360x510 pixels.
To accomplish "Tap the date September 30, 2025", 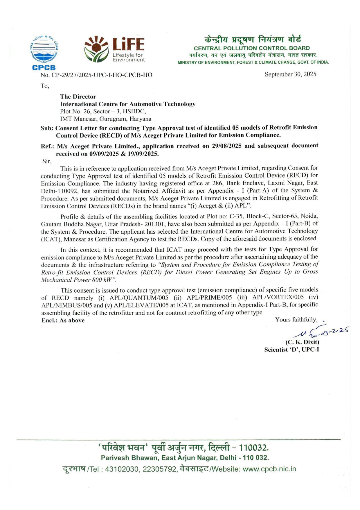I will (290, 74).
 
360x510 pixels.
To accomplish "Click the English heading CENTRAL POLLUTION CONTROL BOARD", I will (252, 48).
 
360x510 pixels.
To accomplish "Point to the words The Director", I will (78, 96).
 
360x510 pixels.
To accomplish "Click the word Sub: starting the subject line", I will (47, 128).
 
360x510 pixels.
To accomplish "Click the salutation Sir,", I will (47, 161).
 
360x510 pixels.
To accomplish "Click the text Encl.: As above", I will (63, 321).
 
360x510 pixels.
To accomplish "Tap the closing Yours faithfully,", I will (296, 320).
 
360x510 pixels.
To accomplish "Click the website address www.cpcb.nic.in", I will (269, 469).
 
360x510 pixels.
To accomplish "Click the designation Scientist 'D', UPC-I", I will (291, 350).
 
